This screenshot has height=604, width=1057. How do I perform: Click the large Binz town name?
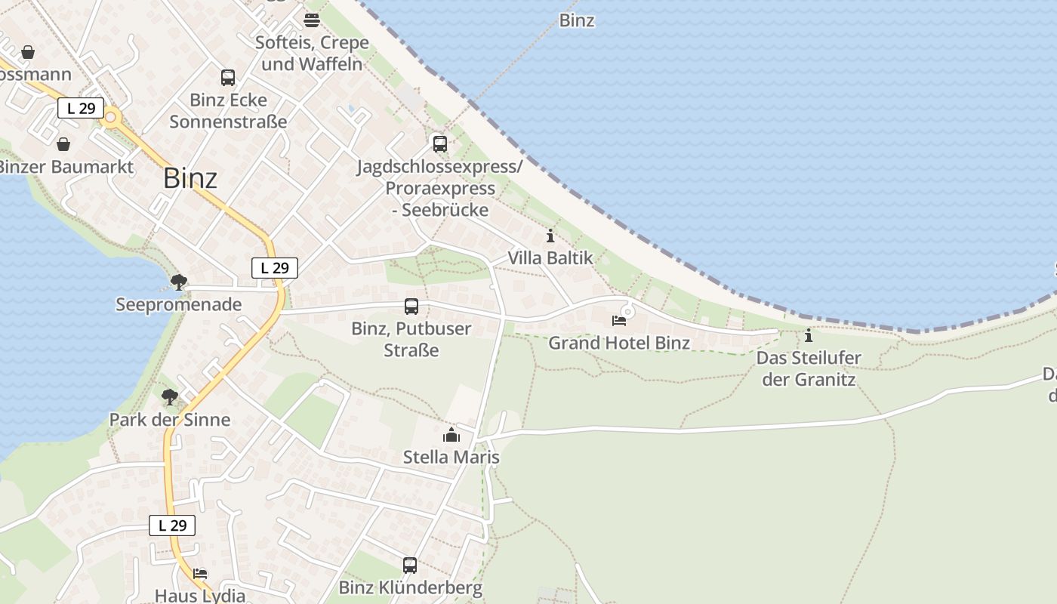click(x=190, y=178)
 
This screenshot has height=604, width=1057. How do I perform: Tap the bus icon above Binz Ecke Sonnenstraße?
click(x=228, y=77)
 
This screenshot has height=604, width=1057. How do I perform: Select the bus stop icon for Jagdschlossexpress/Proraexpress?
click(x=439, y=143)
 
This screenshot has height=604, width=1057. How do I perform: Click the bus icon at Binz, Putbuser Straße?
click(x=411, y=307)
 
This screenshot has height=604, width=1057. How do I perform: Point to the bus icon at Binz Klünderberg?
click(x=410, y=565)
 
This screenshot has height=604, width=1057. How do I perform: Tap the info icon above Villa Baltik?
click(x=550, y=236)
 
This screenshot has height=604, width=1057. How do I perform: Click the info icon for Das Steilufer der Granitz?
click(x=809, y=335)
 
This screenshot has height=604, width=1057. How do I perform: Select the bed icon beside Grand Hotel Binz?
click(x=619, y=321)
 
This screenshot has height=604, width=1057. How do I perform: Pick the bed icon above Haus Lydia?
click(x=200, y=574)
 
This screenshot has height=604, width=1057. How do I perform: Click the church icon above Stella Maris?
click(x=451, y=435)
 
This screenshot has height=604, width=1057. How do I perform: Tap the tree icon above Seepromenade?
click(x=178, y=282)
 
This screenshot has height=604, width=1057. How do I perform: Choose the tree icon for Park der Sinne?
click(x=170, y=396)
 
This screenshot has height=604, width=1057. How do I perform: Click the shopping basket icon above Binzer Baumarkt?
click(x=64, y=143)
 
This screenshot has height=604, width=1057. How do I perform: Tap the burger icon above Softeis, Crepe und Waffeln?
click(x=312, y=20)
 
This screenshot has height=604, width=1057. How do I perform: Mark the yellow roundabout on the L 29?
click(x=112, y=116)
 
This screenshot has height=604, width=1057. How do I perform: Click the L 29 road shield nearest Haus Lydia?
click(x=172, y=525)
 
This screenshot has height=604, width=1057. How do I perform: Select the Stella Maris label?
click(x=451, y=458)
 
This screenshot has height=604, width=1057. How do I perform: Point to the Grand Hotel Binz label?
click(x=619, y=343)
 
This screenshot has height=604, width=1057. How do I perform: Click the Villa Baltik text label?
click(x=550, y=257)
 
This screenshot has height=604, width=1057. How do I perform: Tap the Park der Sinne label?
click(x=170, y=420)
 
